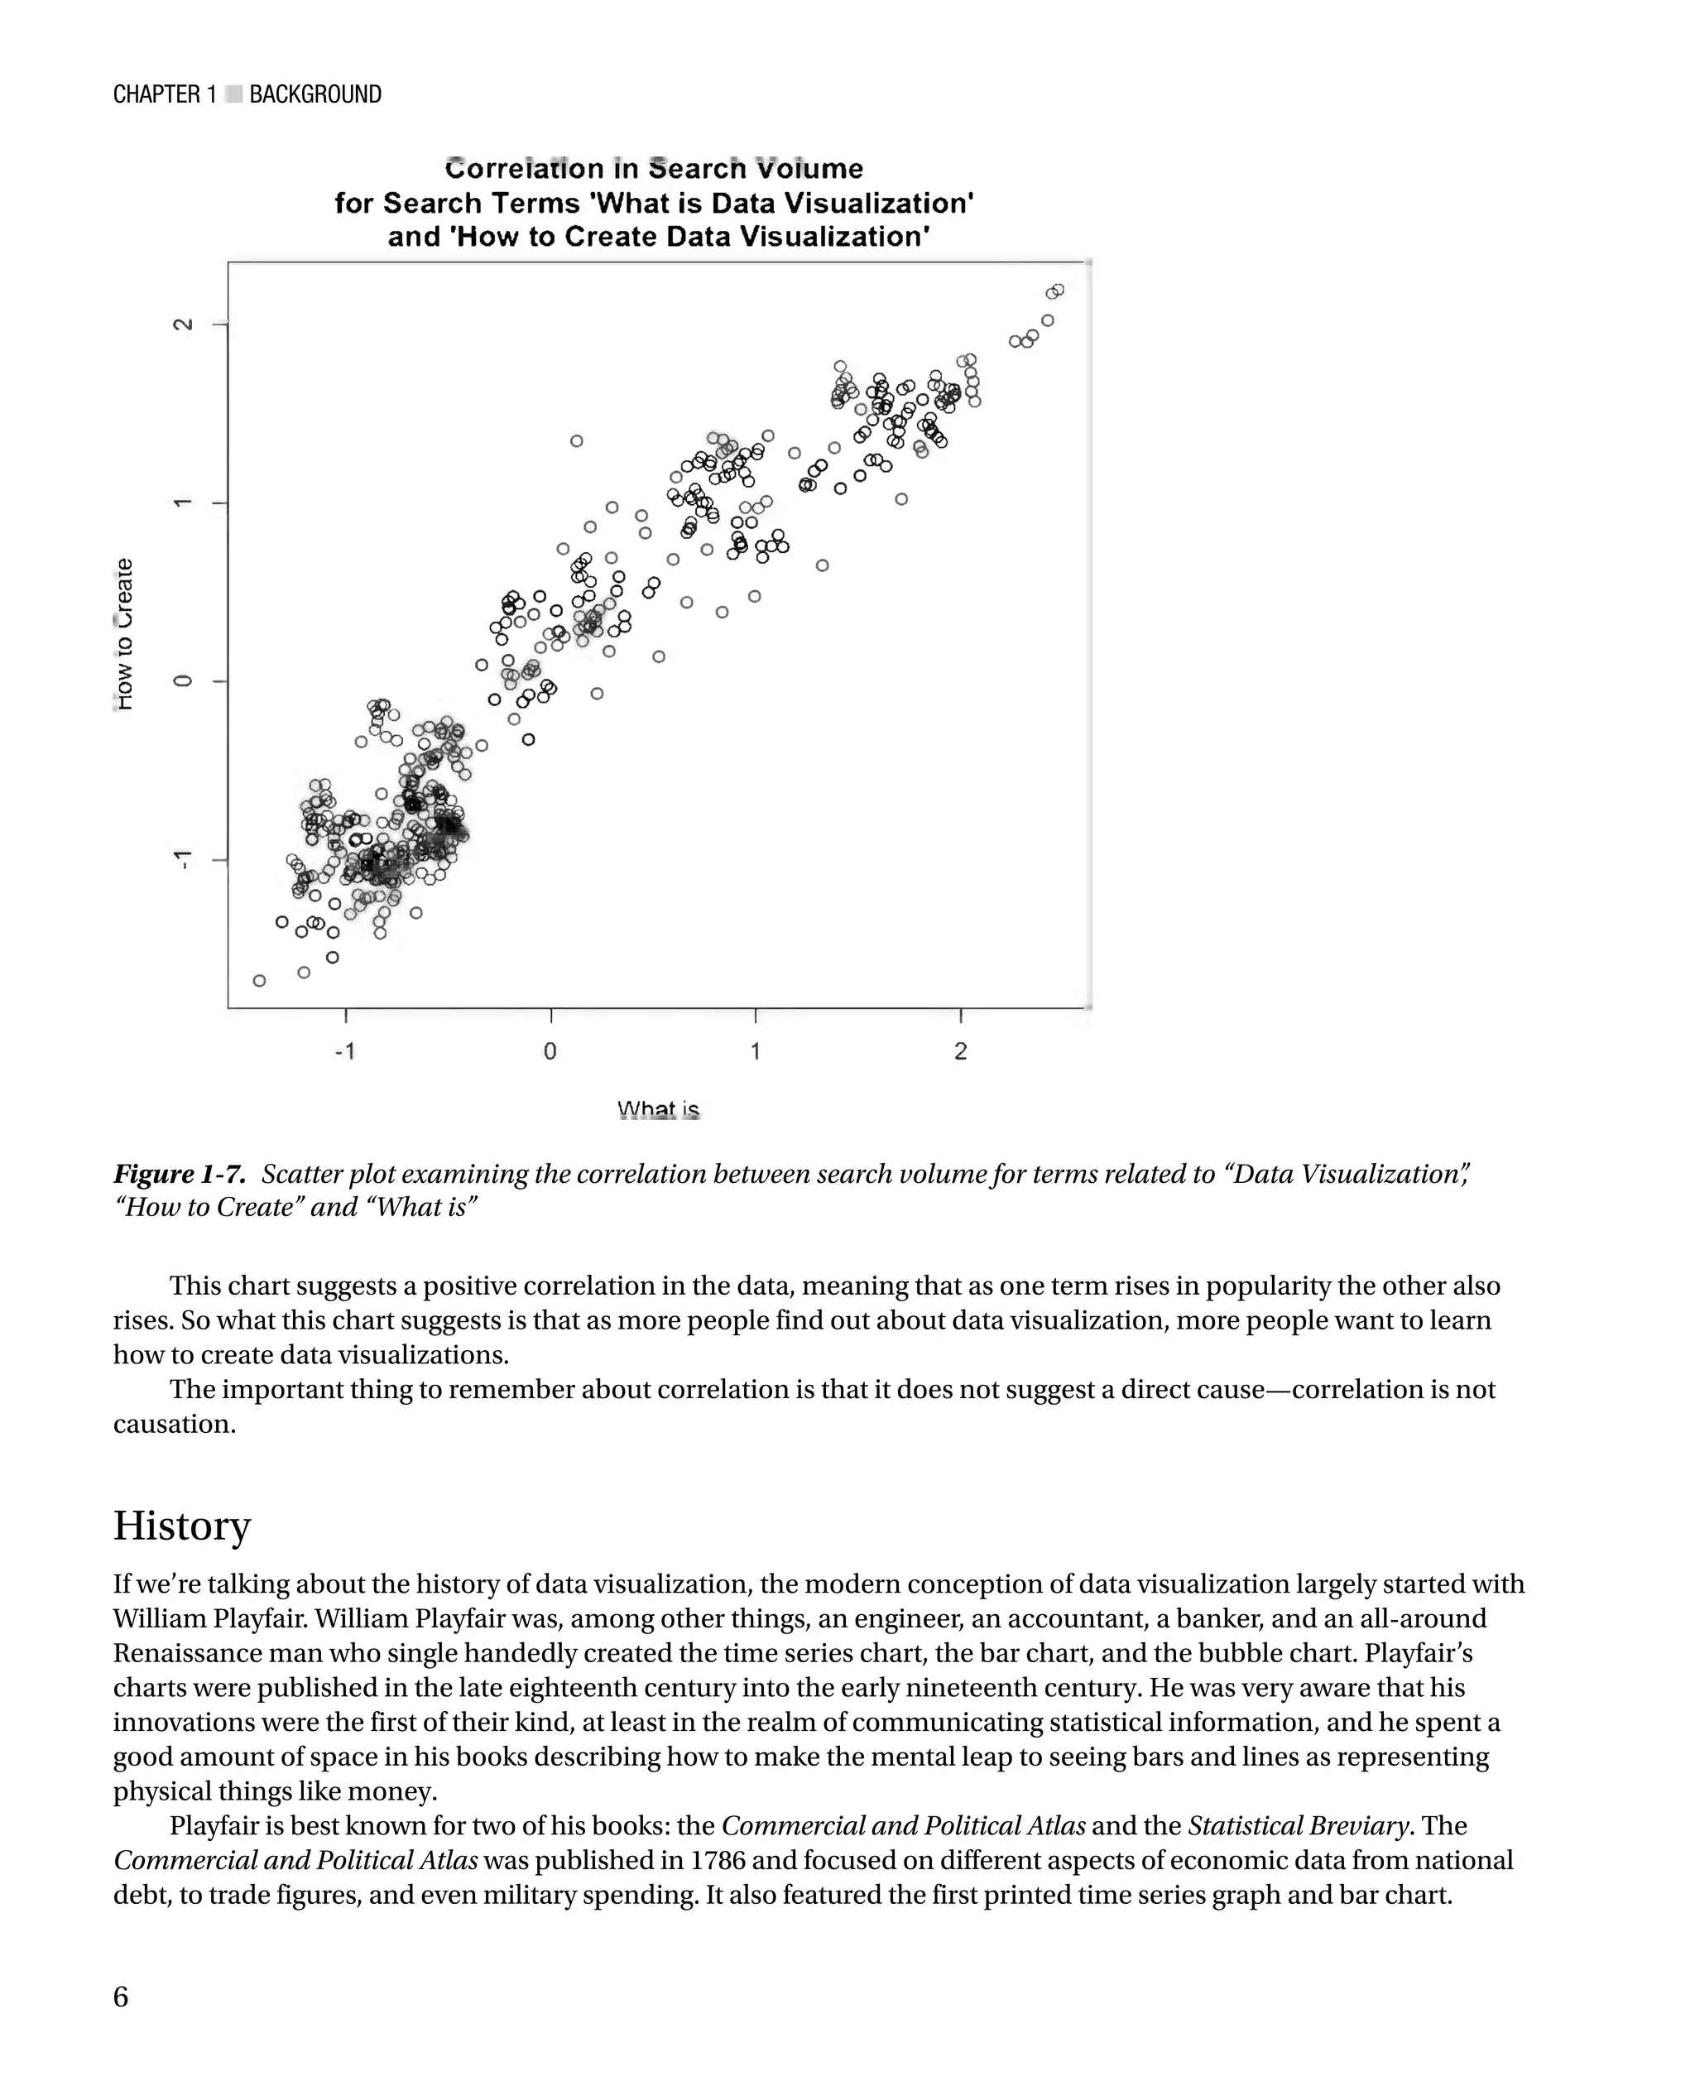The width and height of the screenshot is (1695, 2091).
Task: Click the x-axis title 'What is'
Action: (x=658, y=1109)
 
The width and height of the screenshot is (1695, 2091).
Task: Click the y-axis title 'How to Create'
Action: (x=124, y=635)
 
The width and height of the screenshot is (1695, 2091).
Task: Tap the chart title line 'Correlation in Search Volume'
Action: (x=653, y=169)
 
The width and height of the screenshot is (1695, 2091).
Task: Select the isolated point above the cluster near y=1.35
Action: (x=576, y=441)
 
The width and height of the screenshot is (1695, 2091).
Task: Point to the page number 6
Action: (x=121, y=1997)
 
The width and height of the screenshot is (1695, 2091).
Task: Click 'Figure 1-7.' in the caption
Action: (x=179, y=1174)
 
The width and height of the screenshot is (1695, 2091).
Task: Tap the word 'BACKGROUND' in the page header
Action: (x=315, y=94)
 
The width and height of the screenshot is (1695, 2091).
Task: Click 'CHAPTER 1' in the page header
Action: (x=164, y=94)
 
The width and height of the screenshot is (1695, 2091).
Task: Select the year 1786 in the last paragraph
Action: (x=718, y=1861)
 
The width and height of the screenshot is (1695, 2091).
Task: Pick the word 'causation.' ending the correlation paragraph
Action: (x=174, y=1424)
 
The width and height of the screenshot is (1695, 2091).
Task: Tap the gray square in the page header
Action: (x=233, y=94)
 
